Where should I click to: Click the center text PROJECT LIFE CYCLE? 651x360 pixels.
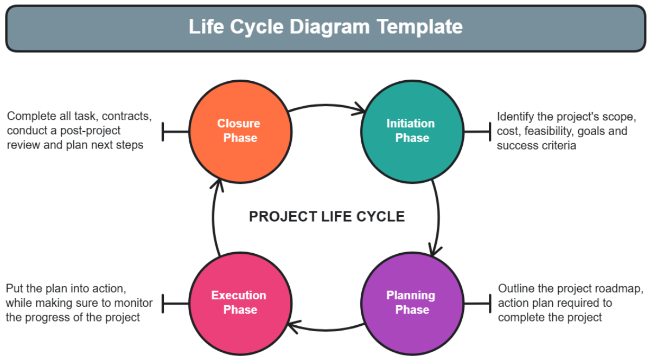click(327, 217)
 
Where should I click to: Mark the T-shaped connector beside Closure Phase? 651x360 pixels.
click(175, 131)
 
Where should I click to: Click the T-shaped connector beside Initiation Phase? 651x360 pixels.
click(477, 131)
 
